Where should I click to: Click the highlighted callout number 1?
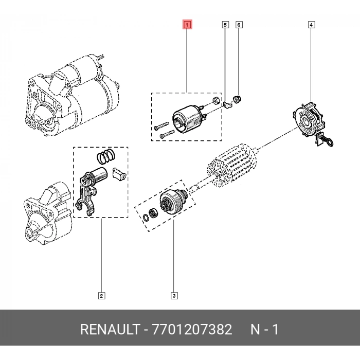[188, 24]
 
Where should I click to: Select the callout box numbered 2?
[101, 295]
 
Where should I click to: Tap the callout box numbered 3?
[174, 295]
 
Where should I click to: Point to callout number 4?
[311, 24]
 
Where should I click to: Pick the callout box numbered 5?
[225, 24]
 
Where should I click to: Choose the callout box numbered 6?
[239, 24]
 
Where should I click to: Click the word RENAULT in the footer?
[107, 330]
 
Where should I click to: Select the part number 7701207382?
[191, 330]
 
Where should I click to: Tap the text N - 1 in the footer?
[264, 330]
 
